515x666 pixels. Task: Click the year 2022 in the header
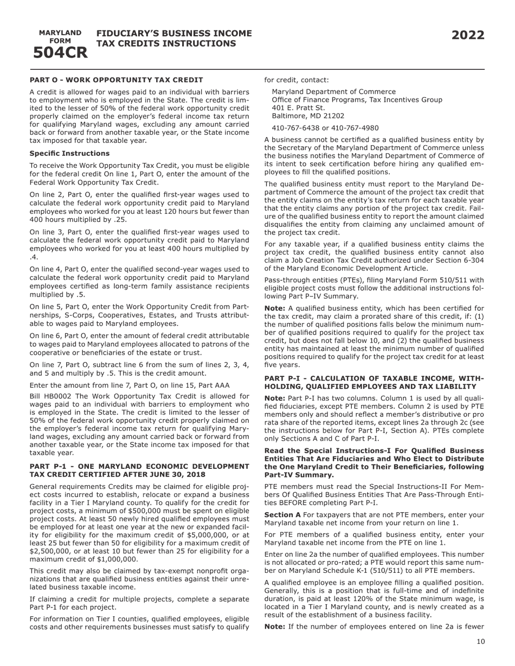pos(468,36)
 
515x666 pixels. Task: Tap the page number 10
pos(481,642)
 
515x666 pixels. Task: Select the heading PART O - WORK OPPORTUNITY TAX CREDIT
pos(117,80)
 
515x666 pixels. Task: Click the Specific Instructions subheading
pos(69,153)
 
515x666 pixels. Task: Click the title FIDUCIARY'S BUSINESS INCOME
pos(174,34)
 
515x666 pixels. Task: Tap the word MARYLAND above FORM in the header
pos(60,33)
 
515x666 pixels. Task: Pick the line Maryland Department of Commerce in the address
pos(333,92)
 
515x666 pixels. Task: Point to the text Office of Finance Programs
pos(319,100)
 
